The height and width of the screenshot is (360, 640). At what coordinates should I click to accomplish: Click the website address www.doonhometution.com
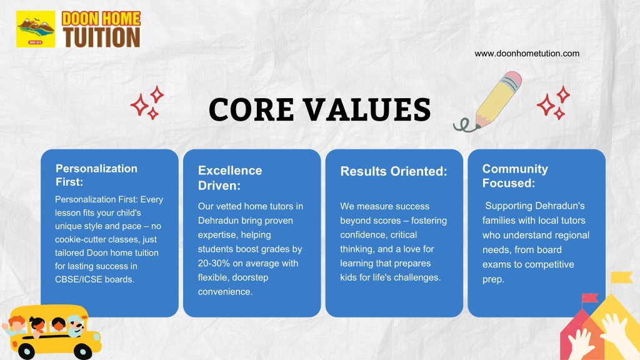[x=526, y=54]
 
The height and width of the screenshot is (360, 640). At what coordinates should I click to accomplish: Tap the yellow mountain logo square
[x=36, y=29]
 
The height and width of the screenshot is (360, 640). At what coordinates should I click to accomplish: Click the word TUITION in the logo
[x=102, y=37]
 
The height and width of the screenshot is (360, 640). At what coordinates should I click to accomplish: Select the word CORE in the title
[x=251, y=109]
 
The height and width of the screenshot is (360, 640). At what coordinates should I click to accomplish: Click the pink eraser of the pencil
[x=512, y=79]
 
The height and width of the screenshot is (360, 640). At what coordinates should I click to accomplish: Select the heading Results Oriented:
[x=394, y=171]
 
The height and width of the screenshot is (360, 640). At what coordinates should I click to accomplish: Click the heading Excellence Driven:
[x=230, y=178]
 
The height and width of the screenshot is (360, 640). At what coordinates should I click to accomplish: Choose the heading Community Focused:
[x=515, y=176]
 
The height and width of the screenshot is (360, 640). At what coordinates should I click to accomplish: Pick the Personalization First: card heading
[x=96, y=175]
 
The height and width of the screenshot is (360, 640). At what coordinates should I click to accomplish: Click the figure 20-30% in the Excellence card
[x=215, y=263]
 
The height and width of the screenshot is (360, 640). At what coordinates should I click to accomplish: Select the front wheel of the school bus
[x=83, y=351]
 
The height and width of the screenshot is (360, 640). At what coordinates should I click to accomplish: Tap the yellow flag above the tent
[x=622, y=277]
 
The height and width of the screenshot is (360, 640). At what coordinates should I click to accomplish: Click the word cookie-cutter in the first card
[x=81, y=239]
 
